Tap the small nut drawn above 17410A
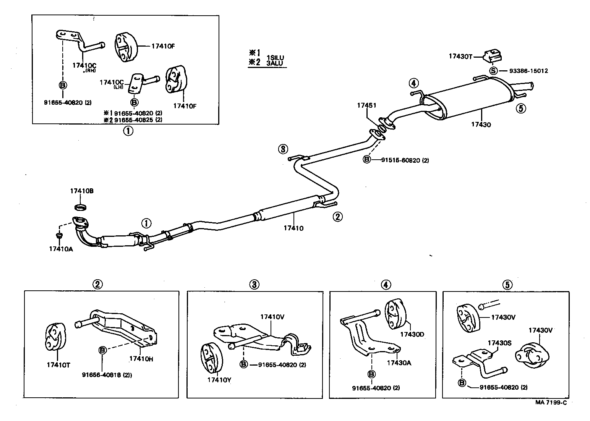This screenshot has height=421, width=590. click(59, 235)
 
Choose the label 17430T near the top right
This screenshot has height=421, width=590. click(460, 57)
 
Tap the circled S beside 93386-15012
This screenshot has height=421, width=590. click(493, 71)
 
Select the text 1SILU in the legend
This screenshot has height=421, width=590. click(275, 58)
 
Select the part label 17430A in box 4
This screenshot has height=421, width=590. click(399, 363)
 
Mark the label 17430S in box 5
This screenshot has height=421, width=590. click(499, 343)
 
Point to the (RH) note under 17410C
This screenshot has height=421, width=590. click(90, 70)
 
